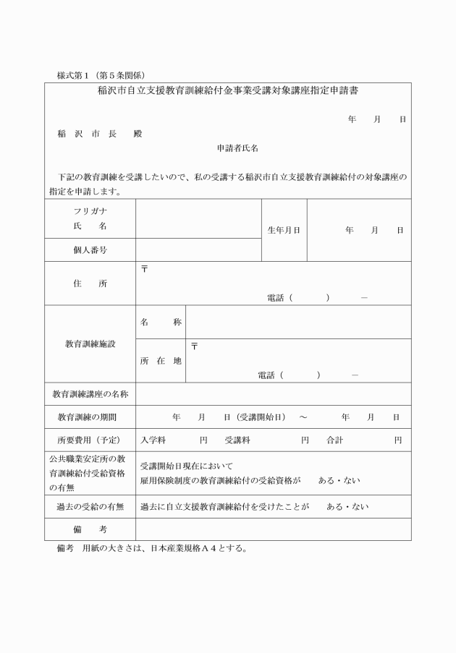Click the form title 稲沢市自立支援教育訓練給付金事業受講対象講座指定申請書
coord(229,91)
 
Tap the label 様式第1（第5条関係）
coord(101,74)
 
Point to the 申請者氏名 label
coord(237,148)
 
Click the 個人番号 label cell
coord(90,249)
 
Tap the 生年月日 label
coord(284,230)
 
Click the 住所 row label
coord(90,283)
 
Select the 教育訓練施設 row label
coord(90,344)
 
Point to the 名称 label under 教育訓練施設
coord(160,322)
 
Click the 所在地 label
coord(160,361)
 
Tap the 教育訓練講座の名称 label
coord(90,394)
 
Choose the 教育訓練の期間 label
coord(90,417)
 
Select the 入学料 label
coord(153,440)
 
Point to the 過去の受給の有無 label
coord(90,507)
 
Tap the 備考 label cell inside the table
coord(90,530)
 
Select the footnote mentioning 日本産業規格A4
coord(152,547)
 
